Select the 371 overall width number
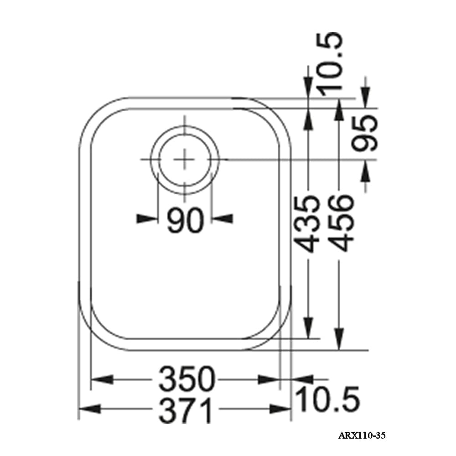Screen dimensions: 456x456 coord(187,409)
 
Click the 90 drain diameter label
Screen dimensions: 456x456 coord(184,220)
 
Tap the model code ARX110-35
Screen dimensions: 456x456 coord(362,436)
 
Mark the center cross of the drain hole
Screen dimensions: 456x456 coord(185,160)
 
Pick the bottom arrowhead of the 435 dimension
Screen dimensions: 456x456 coord(309,328)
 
